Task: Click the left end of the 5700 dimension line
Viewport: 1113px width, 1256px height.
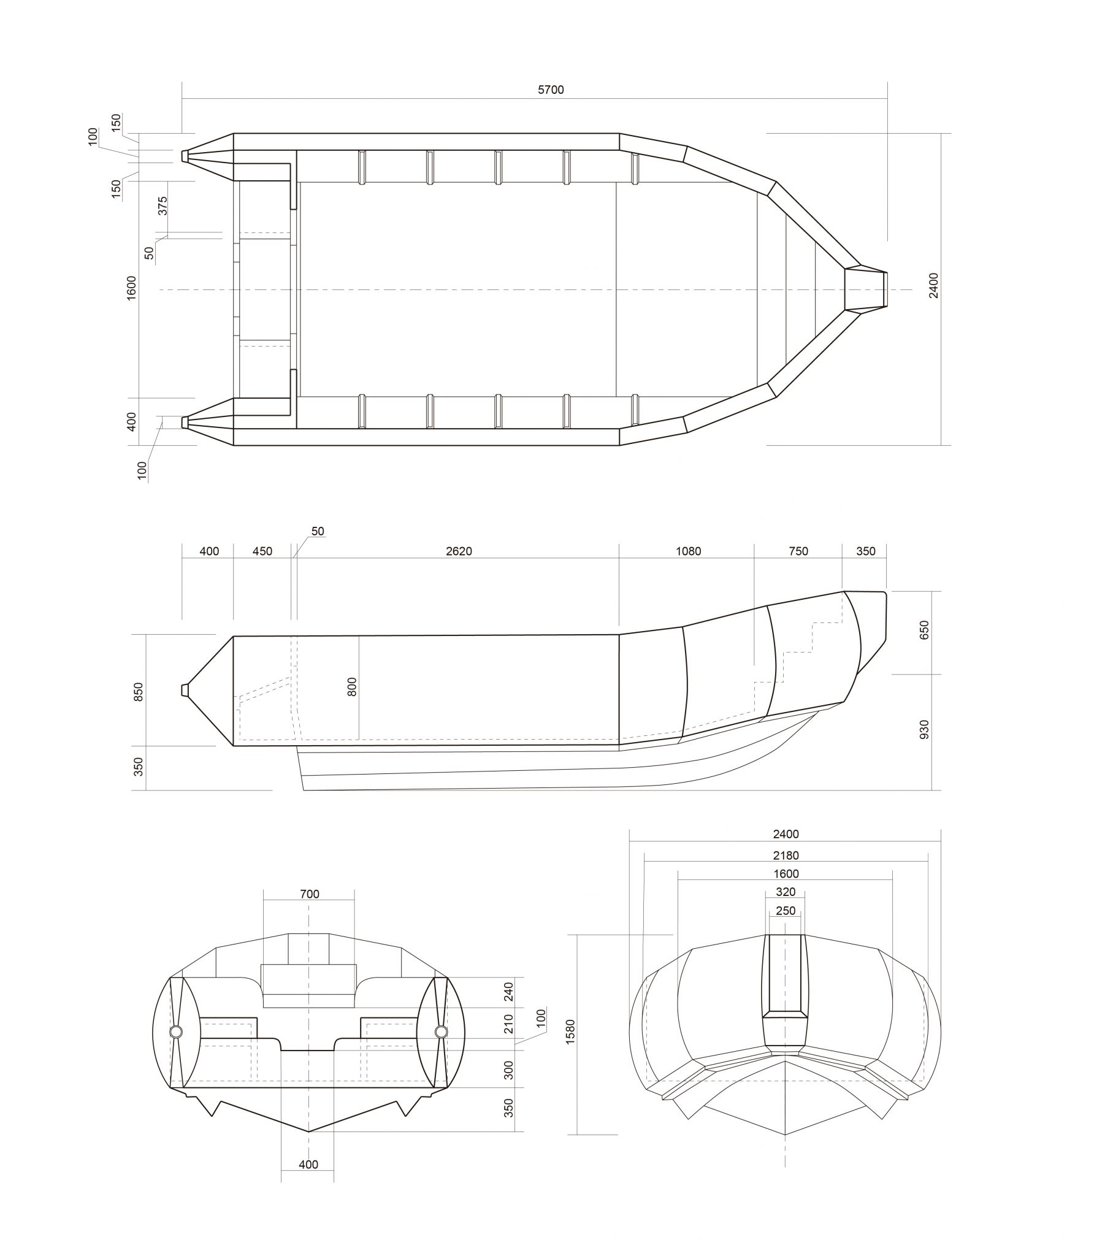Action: click(183, 98)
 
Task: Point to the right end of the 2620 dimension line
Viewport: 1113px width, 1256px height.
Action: click(619, 558)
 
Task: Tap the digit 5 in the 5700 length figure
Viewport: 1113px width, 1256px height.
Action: click(541, 90)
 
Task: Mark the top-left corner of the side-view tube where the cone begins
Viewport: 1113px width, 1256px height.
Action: click(234, 637)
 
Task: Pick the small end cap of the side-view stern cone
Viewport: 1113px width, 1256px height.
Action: click(185, 690)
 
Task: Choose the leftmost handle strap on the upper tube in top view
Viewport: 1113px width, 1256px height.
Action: click(362, 167)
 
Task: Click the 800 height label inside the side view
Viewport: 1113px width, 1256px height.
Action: click(352, 686)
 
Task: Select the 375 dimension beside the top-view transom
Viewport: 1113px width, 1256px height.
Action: click(163, 205)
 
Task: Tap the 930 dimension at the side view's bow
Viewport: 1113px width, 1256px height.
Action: click(924, 729)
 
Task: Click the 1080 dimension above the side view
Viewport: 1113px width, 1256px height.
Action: click(688, 551)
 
